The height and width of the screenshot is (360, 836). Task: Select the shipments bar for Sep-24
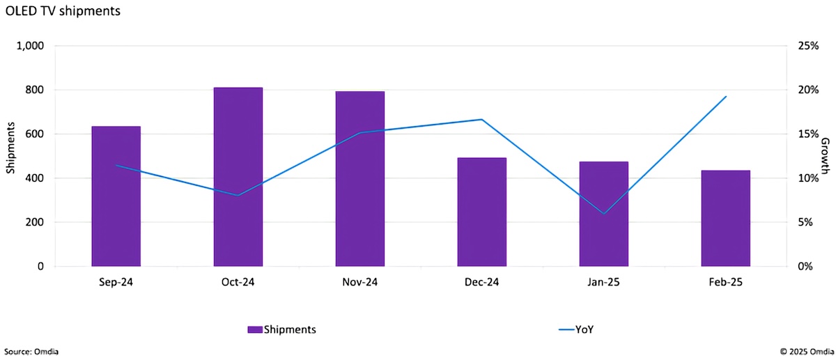tap(116, 196)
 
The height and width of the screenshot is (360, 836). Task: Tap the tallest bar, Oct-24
tap(238, 177)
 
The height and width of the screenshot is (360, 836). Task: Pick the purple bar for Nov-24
tap(360, 179)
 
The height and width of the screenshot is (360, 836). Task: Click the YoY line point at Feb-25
tap(726, 97)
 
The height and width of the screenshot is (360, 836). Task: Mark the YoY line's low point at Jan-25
tap(604, 213)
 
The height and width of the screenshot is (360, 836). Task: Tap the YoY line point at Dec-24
tap(482, 120)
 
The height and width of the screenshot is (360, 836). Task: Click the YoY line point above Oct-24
tap(238, 195)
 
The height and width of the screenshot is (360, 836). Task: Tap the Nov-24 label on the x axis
tap(360, 282)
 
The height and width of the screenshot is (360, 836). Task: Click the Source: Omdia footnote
tap(31, 352)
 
